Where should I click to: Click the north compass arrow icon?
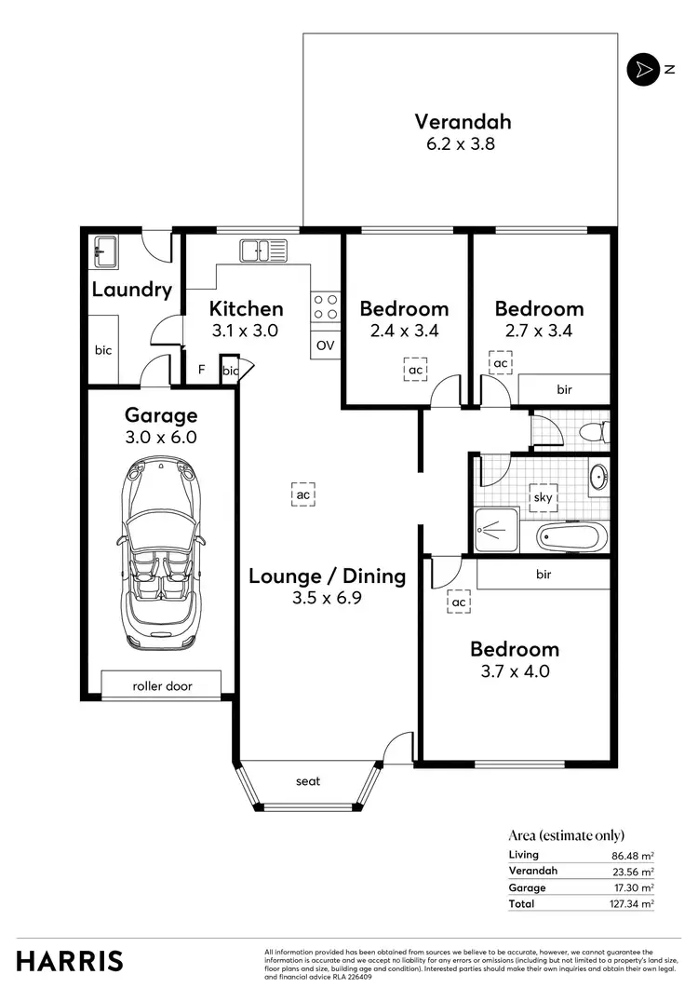pos(642,70)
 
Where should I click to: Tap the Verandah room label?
pos(463,122)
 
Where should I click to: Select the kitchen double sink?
pos(263,250)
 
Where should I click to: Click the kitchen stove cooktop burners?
pos(326,307)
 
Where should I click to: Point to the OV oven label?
pos(325,345)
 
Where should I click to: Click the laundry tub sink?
pos(103,250)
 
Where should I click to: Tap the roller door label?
pos(162,686)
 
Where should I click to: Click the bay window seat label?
pos(308,781)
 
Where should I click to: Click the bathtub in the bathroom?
pos(571,537)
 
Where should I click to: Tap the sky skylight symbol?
pos(543,497)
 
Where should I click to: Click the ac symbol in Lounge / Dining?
pos(302,494)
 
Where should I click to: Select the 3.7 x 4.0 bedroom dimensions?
pos(514,670)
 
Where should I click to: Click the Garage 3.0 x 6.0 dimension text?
pos(162,437)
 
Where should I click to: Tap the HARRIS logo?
pos(70,960)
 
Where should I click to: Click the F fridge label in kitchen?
pos(201,370)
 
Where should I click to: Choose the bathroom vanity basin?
pos(597,477)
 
